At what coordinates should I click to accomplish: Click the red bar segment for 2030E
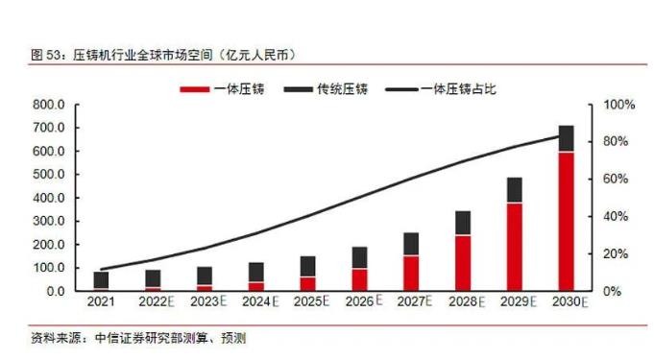coord(567,221)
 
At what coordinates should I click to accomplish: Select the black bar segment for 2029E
coord(515,190)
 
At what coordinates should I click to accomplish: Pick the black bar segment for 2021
coord(101,280)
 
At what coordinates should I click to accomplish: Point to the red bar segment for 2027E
coord(411,273)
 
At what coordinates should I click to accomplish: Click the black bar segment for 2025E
coord(307,267)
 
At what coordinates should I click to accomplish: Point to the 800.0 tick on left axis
coord(48,105)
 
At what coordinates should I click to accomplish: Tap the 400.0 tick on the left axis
coord(48,198)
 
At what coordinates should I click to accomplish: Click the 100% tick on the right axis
coord(617,105)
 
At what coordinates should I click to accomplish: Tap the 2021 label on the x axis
coord(100,302)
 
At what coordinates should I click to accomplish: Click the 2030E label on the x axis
coord(569,302)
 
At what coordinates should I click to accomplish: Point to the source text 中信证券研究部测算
coord(140,338)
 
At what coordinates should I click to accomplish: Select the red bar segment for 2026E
coord(359,279)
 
